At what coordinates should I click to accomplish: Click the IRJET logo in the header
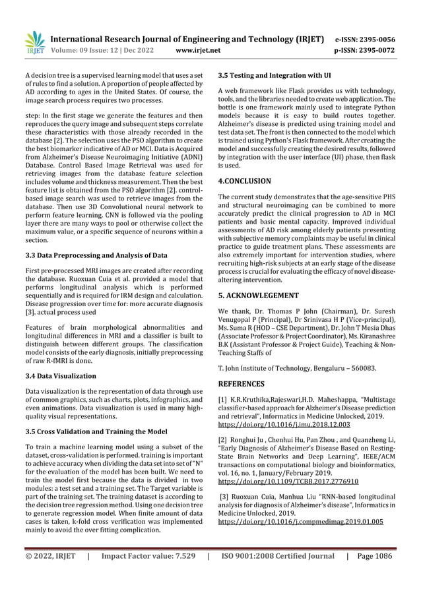coord(33,43)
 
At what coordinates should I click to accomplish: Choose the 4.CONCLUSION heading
coord(245,180)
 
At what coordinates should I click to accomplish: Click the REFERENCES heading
coord(242,383)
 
